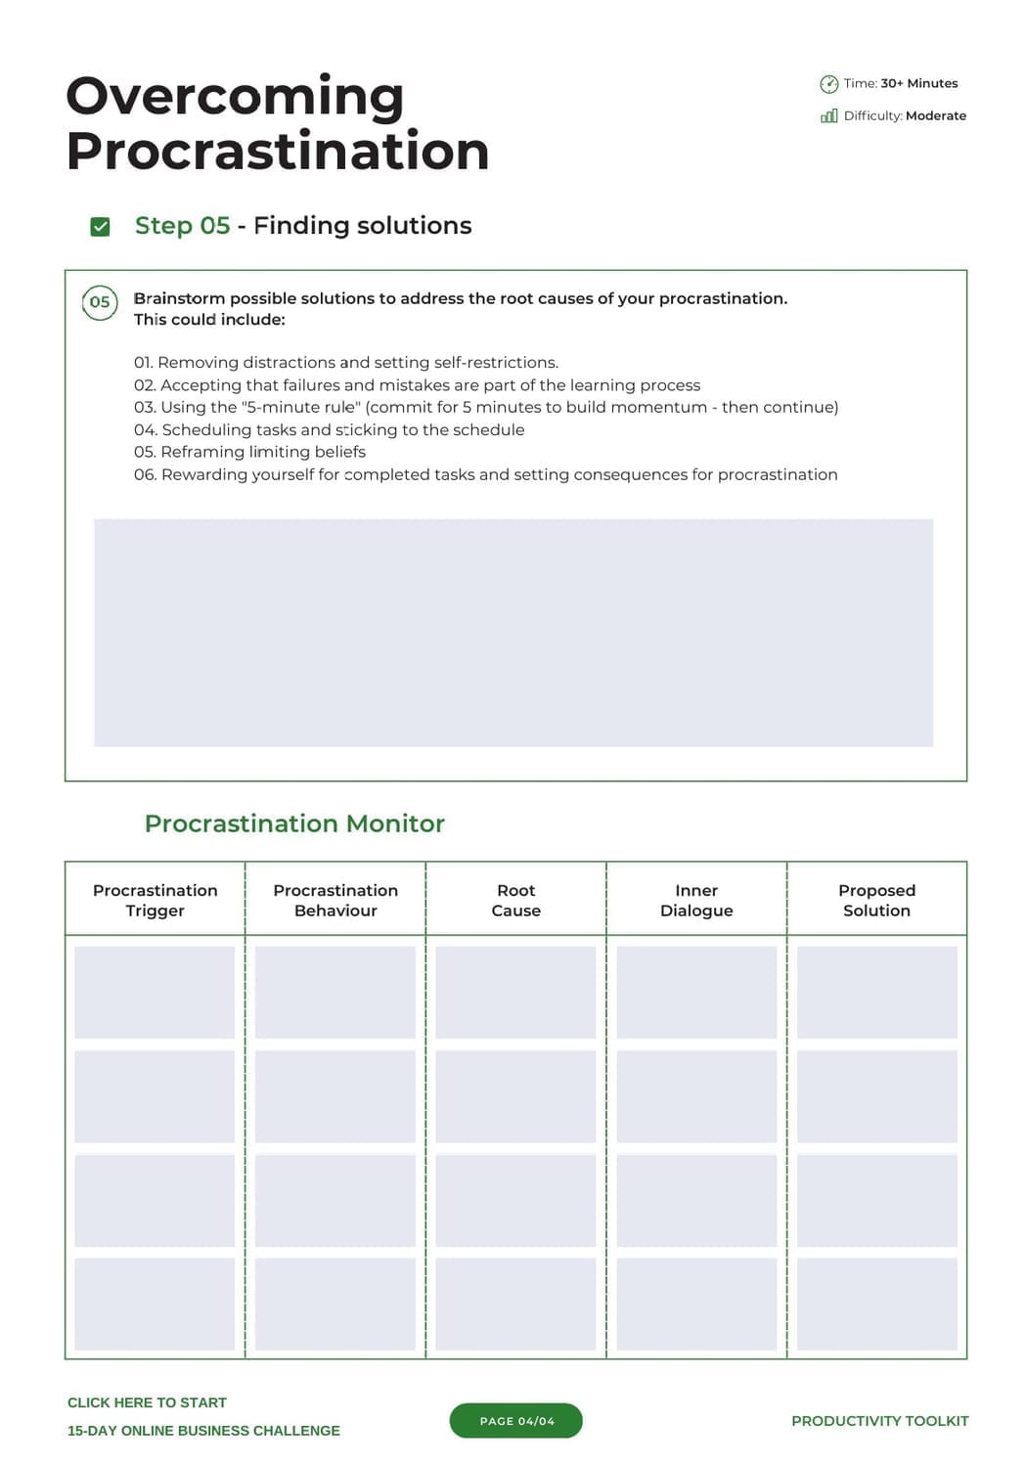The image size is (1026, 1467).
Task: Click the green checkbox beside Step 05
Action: [x=100, y=227]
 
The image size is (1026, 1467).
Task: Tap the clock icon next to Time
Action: [x=828, y=84]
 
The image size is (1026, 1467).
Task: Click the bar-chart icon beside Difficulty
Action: [x=828, y=116]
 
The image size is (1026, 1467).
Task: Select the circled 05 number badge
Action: [x=100, y=302]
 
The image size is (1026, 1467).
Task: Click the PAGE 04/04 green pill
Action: [x=515, y=1421]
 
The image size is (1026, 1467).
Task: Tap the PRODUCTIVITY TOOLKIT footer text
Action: [x=879, y=1421]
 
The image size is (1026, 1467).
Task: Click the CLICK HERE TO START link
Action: [x=147, y=1402]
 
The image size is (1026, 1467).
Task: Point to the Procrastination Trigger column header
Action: [x=155, y=900]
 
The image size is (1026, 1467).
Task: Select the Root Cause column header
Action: [x=515, y=900]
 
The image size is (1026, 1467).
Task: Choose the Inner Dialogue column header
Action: [x=696, y=900]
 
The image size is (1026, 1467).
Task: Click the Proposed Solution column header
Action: [x=876, y=900]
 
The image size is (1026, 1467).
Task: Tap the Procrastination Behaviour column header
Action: [x=335, y=900]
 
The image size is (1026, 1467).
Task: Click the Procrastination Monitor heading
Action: [x=294, y=823]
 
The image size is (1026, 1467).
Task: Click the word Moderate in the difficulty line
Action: [x=936, y=115]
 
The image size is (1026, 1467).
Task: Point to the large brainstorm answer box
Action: [x=513, y=633]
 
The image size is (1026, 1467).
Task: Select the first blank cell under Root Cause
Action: [x=515, y=992]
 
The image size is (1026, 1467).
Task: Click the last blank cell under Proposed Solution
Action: [x=876, y=1304]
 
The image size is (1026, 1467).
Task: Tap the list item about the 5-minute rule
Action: [x=486, y=407]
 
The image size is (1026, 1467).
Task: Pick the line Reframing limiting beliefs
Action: [x=249, y=452]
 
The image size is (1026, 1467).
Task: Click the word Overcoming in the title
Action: [x=235, y=97]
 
